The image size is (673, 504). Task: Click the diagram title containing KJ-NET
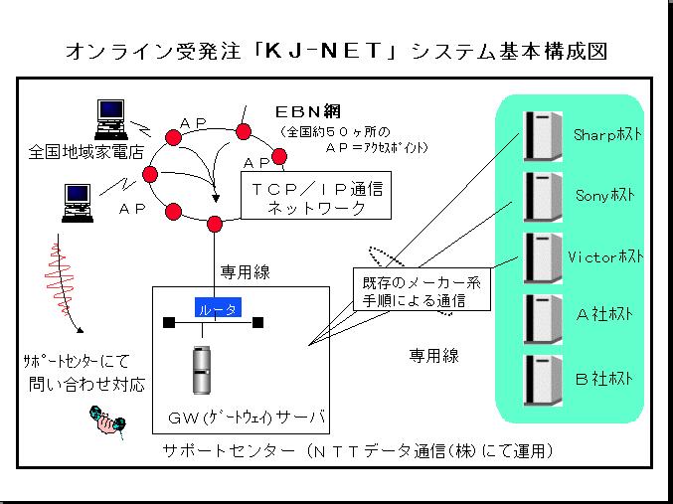(336, 49)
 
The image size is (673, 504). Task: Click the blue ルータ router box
(217, 310)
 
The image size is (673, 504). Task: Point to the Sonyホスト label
(603, 194)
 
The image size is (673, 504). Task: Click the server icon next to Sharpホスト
(540, 134)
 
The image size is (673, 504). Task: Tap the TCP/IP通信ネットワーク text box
(315, 198)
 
